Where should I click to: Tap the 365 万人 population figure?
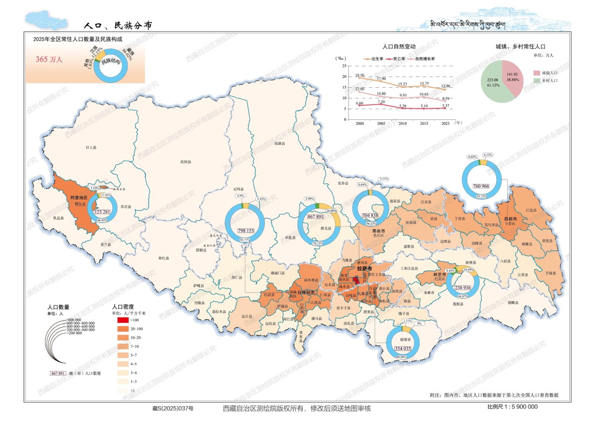(49, 59)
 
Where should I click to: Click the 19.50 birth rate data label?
(359, 76)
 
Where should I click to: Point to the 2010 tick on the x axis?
(402, 124)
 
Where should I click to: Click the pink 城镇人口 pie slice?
(512, 77)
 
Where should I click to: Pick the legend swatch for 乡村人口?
(537, 81)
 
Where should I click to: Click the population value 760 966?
(481, 186)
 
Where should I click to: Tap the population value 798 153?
(246, 231)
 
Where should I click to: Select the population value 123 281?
(102, 212)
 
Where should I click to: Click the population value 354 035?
(402, 349)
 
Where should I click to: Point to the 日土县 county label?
(91, 148)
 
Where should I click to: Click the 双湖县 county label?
(280, 144)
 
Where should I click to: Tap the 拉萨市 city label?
(365, 268)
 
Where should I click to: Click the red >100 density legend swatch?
(123, 320)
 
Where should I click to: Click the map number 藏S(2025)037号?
(173, 408)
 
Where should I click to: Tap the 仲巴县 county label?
(164, 258)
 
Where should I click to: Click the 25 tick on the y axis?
(344, 66)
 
